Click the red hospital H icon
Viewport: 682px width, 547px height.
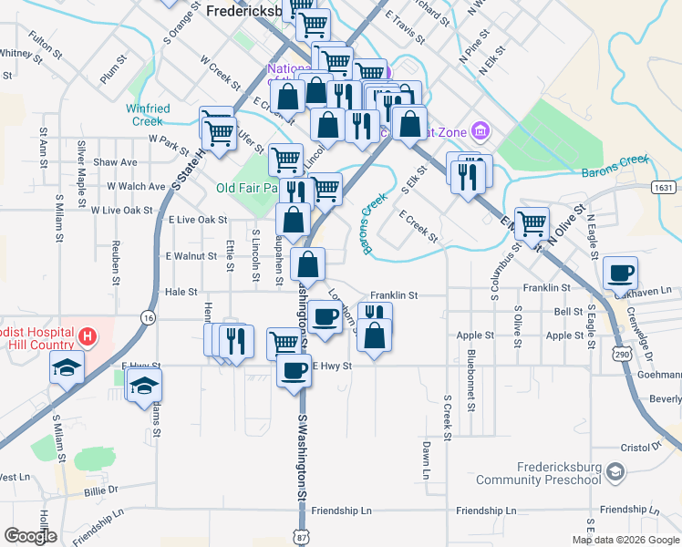(x=87, y=336)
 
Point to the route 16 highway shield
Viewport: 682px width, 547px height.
(x=148, y=316)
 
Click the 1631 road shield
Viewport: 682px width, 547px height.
(x=664, y=187)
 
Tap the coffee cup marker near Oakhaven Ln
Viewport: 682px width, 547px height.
(x=620, y=273)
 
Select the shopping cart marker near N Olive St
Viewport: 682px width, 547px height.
(x=532, y=222)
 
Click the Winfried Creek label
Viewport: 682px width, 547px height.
(x=147, y=115)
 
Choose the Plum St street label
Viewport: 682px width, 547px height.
(x=112, y=72)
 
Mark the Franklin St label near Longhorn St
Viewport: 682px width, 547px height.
(x=393, y=295)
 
